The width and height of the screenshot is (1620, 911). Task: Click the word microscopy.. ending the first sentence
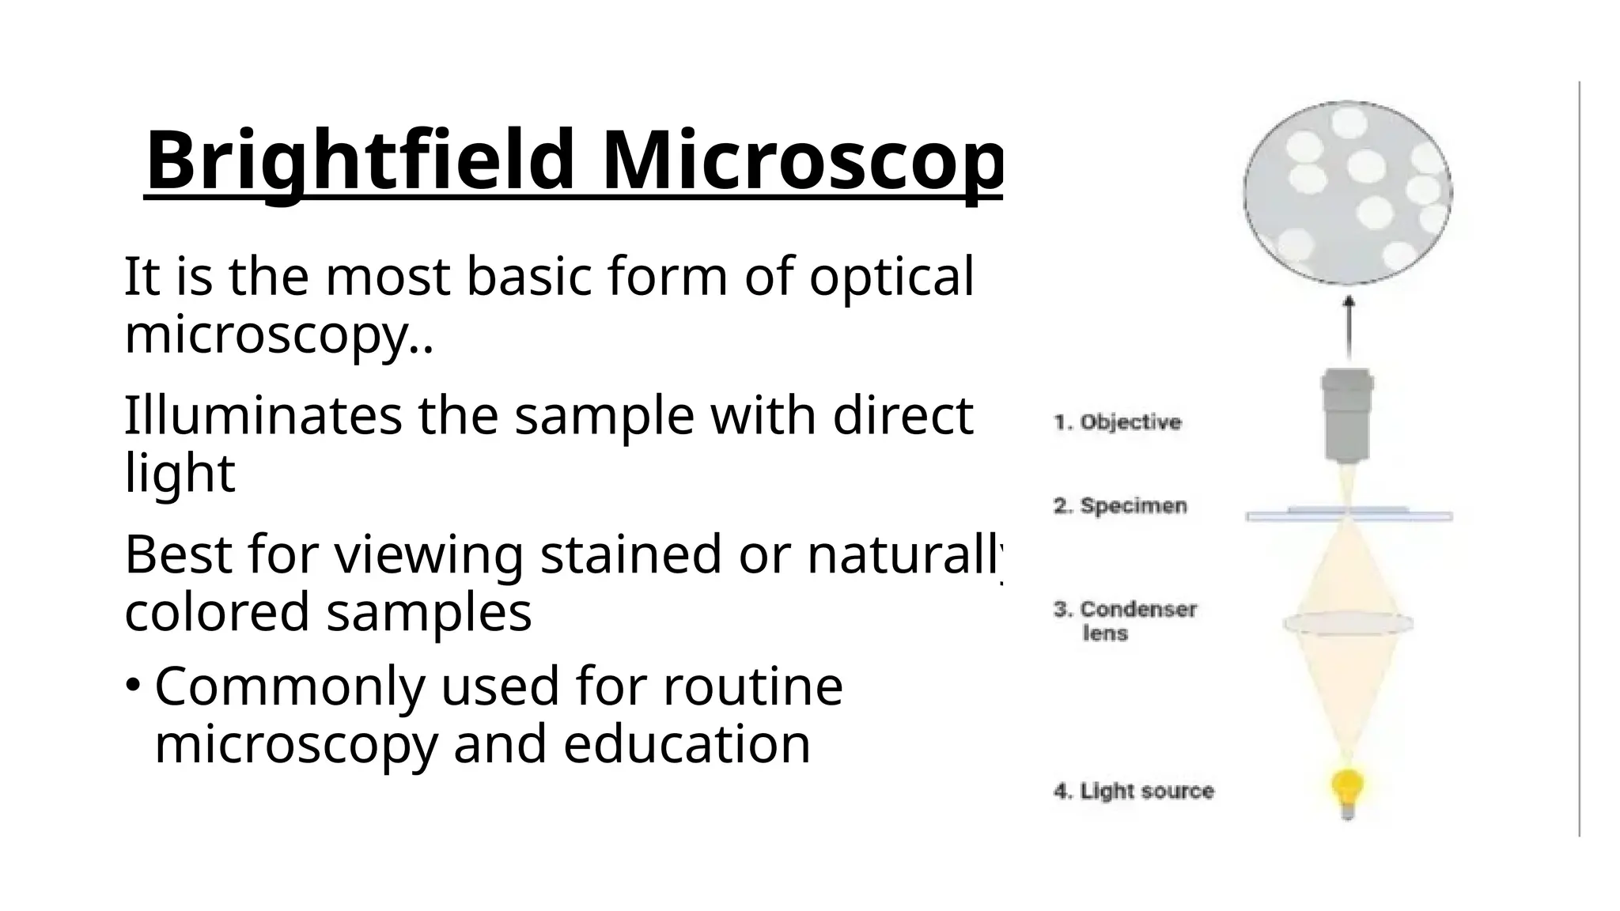point(279,335)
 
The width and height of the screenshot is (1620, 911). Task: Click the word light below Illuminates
point(180,473)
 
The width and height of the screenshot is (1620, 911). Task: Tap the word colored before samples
point(217,612)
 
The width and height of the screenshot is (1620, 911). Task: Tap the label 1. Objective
point(1117,422)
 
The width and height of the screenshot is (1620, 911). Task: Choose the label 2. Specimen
point(1120,506)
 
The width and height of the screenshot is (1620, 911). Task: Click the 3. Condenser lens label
point(1125,621)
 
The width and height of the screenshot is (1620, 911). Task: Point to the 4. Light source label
point(1134,791)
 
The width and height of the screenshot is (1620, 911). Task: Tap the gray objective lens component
point(1348,415)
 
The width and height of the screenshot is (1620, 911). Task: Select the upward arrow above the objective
point(1349,327)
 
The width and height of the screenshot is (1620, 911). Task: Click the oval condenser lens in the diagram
point(1348,623)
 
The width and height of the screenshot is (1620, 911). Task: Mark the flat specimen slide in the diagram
point(1349,516)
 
